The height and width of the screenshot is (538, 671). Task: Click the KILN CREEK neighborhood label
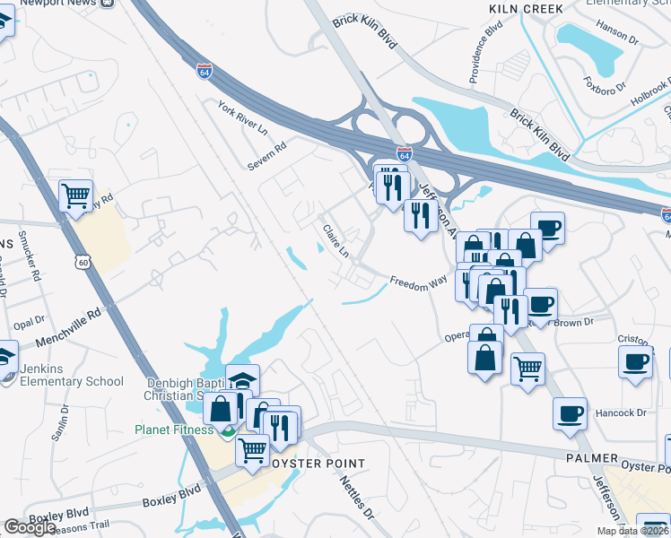(x=527, y=9)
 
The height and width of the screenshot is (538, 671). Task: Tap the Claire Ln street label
(x=335, y=239)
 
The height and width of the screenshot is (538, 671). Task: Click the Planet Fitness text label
(x=177, y=430)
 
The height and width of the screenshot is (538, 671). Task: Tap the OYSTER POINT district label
(x=318, y=463)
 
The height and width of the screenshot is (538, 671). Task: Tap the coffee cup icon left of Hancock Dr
(x=570, y=414)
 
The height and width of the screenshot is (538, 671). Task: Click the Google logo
(x=30, y=527)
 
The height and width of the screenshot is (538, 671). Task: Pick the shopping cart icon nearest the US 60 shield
(x=76, y=195)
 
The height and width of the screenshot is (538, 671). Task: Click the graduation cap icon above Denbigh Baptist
(x=242, y=380)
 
